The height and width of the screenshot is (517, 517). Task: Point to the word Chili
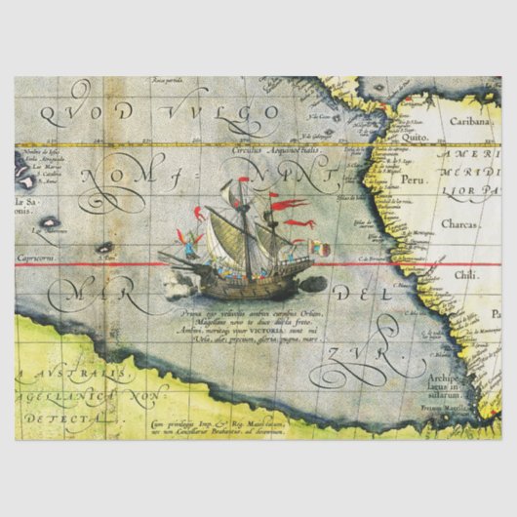click(467, 275)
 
